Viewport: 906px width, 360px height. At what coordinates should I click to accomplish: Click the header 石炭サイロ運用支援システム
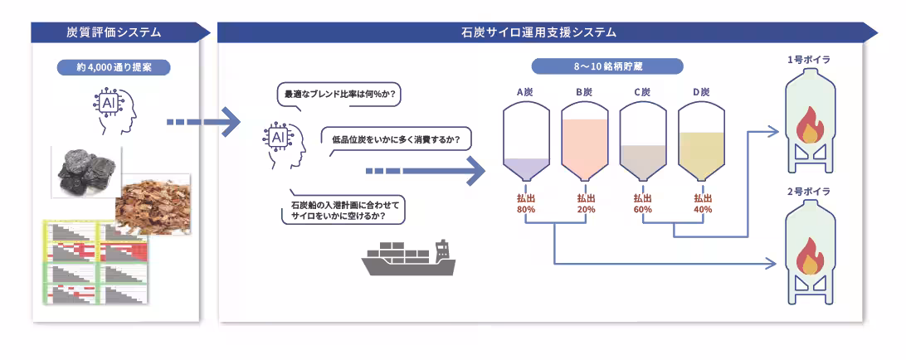click(x=538, y=32)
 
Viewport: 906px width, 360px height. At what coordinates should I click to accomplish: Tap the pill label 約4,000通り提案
click(x=114, y=67)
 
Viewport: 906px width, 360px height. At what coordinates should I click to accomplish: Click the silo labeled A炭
click(x=526, y=141)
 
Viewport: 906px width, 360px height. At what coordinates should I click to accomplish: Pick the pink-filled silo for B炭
click(x=584, y=141)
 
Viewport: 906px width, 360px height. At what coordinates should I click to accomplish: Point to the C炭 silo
click(x=642, y=141)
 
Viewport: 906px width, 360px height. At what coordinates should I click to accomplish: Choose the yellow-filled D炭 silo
click(x=701, y=141)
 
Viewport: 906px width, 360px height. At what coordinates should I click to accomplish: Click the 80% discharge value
click(x=526, y=210)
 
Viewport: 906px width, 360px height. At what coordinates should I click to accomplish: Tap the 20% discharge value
click(x=584, y=210)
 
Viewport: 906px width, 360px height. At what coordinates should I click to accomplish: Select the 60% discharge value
click(x=642, y=210)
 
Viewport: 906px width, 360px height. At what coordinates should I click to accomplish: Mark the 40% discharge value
click(x=702, y=210)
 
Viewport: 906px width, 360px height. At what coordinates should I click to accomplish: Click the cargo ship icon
click(x=409, y=258)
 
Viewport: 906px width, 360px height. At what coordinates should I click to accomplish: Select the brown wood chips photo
click(x=153, y=203)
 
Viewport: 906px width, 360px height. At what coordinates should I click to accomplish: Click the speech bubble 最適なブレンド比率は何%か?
click(x=339, y=95)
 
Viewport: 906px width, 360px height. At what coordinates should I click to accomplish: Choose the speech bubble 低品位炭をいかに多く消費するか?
click(x=396, y=138)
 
